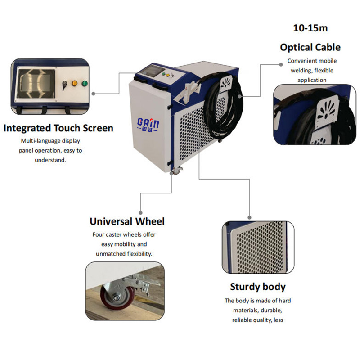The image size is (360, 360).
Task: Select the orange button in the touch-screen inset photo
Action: point(73,83)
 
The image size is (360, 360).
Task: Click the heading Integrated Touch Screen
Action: point(58,128)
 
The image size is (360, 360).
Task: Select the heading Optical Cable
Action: point(310,47)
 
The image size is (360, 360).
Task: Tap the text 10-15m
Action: point(310,28)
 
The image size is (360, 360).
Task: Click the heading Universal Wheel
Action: point(127,221)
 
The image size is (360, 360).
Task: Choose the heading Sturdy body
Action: point(258,287)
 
